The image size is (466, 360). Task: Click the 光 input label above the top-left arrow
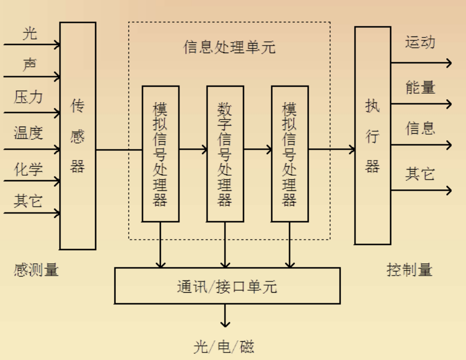click(30, 34)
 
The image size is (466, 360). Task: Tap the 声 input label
click(30, 65)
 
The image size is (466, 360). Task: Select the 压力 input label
click(28, 97)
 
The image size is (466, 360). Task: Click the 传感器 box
click(77, 136)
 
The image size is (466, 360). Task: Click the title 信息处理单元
click(229, 48)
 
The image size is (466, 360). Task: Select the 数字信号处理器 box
click(225, 154)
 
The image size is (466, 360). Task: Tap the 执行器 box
click(372, 136)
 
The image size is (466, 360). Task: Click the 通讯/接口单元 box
click(227, 286)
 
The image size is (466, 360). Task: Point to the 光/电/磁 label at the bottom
click(224, 347)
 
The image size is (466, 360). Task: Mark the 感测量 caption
click(36, 270)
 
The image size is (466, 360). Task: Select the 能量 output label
click(420, 87)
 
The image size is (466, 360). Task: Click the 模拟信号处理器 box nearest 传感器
click(160, 154)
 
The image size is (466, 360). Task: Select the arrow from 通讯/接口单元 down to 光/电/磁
click(225, 316)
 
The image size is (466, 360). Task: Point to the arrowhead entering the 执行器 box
click(351, 149)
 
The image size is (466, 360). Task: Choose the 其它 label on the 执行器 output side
click(420, 174)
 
